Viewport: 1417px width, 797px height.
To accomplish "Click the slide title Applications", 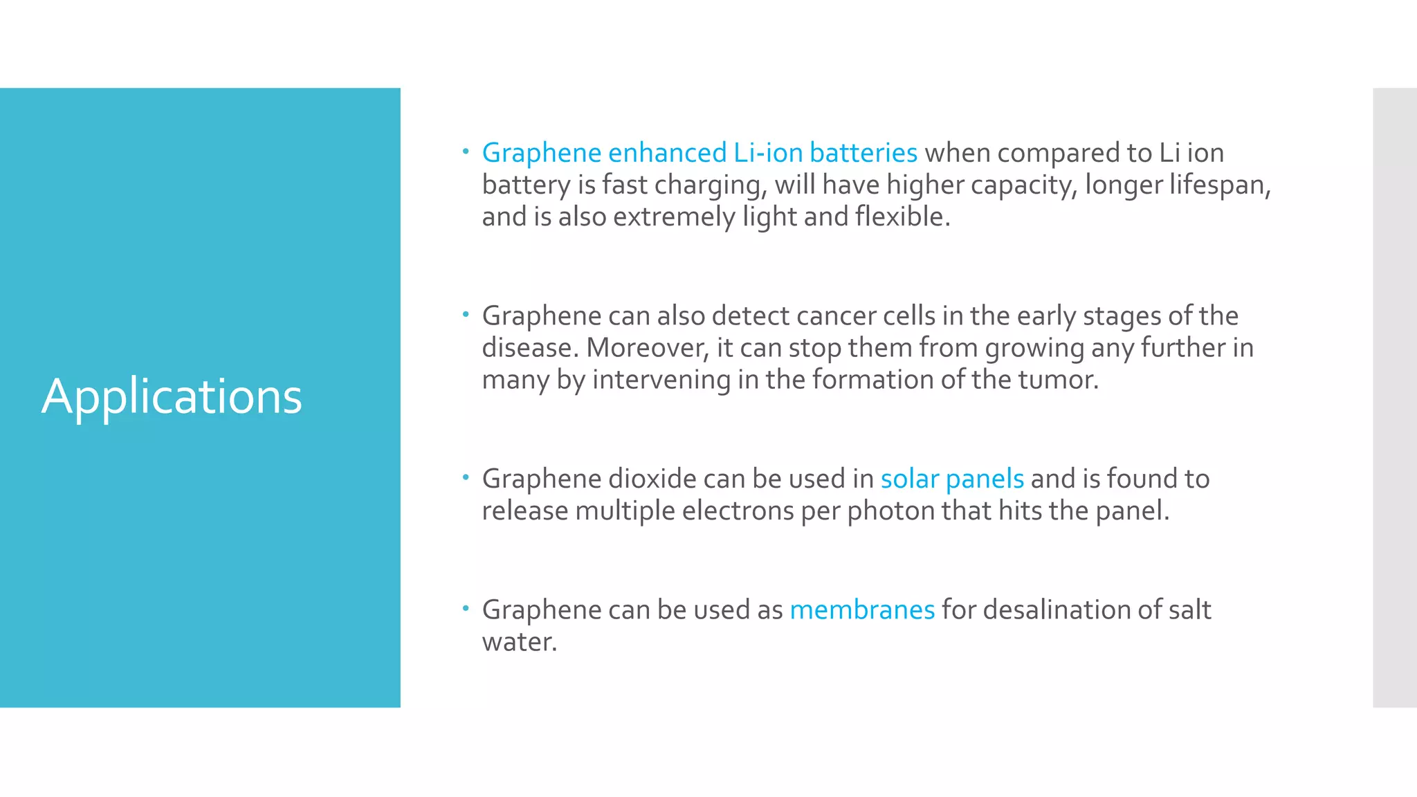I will coord(172,397).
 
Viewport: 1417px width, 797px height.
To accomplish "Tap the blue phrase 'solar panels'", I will coord(951,479).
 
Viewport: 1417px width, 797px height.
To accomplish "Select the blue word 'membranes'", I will coord(861,610).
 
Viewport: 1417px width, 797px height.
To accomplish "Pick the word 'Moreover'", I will coord(647,348).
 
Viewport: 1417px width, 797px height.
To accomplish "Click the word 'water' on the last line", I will coord(518,642).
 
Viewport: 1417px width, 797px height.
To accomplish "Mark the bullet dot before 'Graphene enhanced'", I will coord(466,151).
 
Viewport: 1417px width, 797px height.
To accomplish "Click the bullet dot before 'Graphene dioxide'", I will coord(466,477).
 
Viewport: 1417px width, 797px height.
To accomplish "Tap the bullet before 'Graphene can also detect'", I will coord(466,314).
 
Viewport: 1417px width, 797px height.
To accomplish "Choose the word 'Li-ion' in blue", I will coord(767,153).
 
